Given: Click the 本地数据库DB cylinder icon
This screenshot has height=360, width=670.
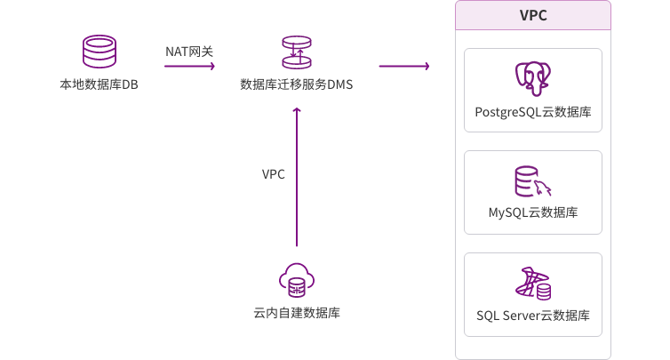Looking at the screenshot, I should click(x=99, y=52).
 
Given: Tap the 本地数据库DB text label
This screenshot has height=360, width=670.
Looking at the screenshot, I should click(x=99, y=85).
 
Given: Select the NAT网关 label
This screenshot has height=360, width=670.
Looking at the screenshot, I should click(x=189, y=52).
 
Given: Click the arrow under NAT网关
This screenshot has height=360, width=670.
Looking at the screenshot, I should click(x=189, y=67).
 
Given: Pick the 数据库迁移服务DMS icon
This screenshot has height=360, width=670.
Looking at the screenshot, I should click(x=297, y=52).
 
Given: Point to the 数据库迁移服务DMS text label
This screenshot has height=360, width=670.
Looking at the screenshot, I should click(x=297, y=85).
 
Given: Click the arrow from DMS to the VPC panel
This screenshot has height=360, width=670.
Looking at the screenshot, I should click(x=403, y=67).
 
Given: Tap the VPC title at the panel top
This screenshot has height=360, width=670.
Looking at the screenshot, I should click(x=532, y=16).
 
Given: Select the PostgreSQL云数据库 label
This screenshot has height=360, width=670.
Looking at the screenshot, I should click(x=533, y=113).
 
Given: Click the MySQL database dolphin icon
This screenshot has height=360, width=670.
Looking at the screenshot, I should click(x=533, y=180).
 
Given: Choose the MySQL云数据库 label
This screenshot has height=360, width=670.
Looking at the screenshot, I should click(x=533, y=213).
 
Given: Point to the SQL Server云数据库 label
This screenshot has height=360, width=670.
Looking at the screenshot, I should click(x=533, y=316).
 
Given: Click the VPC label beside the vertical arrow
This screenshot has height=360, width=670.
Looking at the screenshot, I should click(x=274, y=174).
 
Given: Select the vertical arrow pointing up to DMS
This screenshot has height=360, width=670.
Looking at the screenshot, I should click(x=298, y=178).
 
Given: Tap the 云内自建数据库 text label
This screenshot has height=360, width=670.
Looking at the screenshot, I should click(x=297, y=313).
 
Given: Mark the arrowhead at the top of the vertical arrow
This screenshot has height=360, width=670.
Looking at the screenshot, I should click(x=298, y=110).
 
